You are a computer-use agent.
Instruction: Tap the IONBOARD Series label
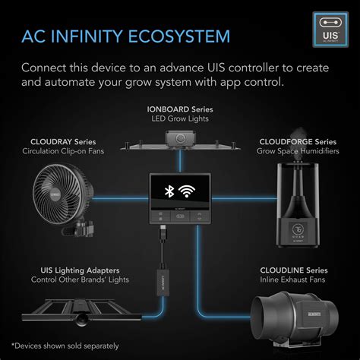tap(179, 109)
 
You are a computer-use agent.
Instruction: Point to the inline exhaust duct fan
tap(293, 321)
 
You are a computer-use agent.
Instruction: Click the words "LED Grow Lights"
tap(179, 120)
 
